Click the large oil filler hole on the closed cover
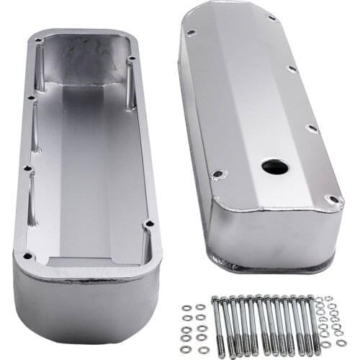click(274, 166)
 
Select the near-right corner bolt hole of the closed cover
click(333, 199)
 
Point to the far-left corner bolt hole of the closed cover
click(190, 32)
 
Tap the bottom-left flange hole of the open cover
click(28, 255)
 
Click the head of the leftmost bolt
click(214, 297)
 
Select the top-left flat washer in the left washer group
click(186, 307)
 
